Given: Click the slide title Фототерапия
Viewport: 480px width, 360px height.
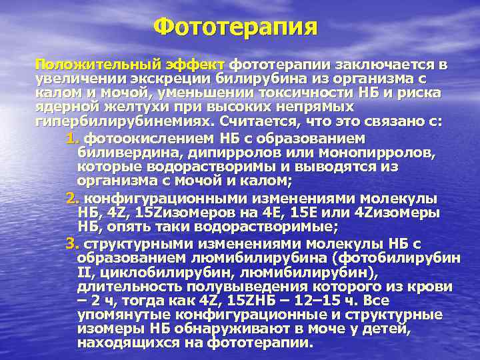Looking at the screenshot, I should click(x=235, y=28).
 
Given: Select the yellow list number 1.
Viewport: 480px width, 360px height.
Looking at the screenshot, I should click(x=73, y=139).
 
